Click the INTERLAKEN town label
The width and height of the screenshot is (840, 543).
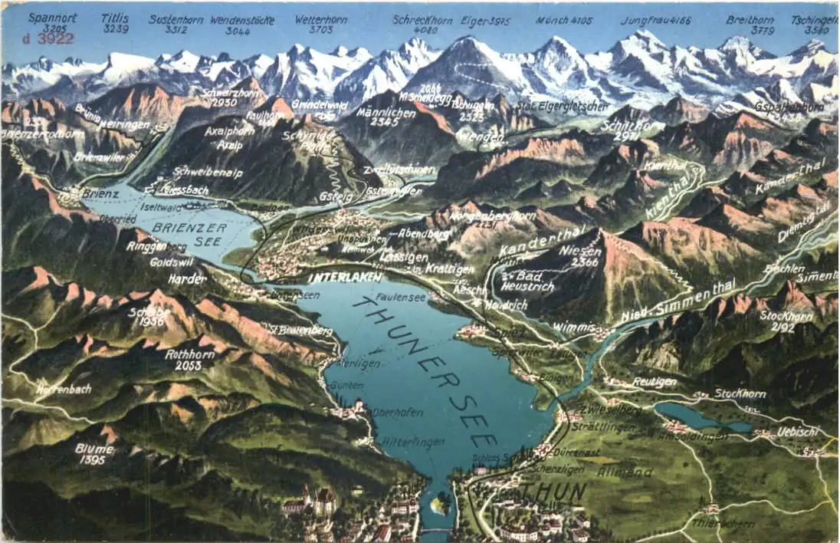click(346, 278)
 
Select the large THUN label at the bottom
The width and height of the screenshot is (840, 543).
click(553, 491)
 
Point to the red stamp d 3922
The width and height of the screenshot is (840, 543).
click(48, 38)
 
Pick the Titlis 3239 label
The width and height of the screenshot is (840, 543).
click(116, 23)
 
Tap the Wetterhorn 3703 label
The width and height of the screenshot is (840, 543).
click(321, 25)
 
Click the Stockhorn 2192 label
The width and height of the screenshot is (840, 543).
click(786, 321)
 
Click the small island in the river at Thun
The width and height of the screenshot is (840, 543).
click(440, 505)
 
